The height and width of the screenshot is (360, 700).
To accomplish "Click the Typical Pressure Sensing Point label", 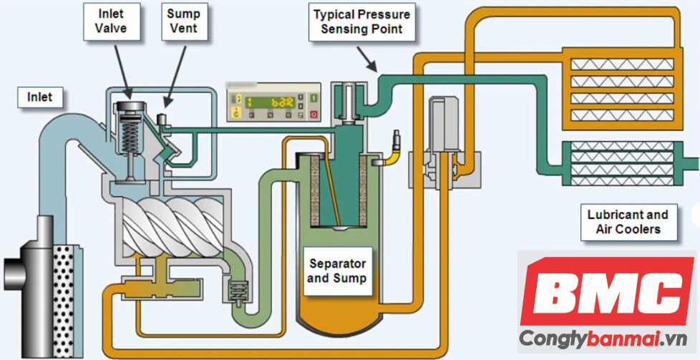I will (361, 22).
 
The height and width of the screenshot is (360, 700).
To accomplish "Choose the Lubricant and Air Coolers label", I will (627, 222).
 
